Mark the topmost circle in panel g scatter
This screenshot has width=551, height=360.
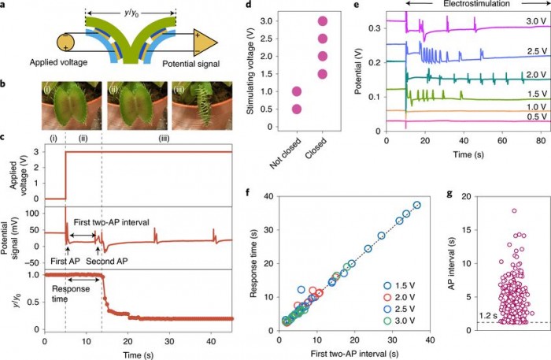[x=513, y=210]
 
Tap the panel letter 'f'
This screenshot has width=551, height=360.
[x=250, y=192]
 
